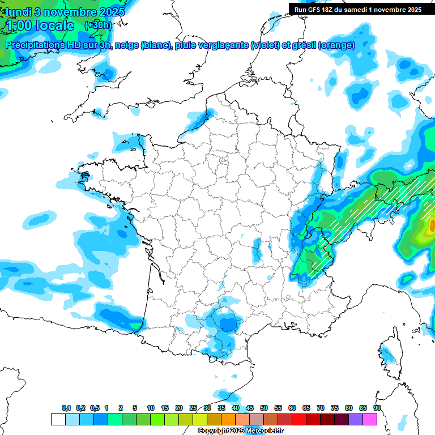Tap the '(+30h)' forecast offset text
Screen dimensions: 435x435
pos(97,25)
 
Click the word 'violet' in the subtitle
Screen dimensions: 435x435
pos(264,45)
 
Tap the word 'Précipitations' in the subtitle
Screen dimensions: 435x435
pos(35,45)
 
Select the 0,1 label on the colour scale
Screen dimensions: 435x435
pos(66,408)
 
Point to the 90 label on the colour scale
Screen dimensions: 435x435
pos(377,408)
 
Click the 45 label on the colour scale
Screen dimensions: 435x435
pos(250,408)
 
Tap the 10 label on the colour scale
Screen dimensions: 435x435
pos(151,408)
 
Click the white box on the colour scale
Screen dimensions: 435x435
pos(58,419)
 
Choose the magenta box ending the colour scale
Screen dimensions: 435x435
pos(370,419)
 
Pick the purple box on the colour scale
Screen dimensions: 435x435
pos(356,419)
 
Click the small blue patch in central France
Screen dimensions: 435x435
pos(257,248)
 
